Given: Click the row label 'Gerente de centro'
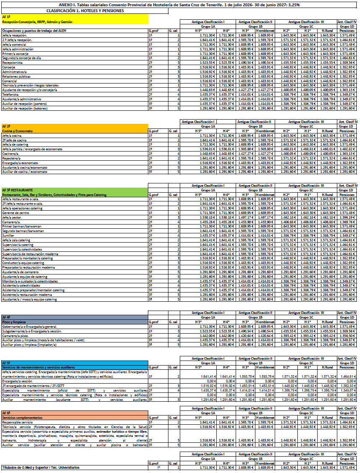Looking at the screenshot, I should click(16, 213).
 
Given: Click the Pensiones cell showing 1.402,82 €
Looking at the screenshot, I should click(347, 149).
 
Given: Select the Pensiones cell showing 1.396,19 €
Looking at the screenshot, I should click(347, 217).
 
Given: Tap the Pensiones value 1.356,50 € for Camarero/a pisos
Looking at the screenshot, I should click(347, 335).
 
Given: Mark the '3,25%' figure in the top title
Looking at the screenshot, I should click(293, 5).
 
